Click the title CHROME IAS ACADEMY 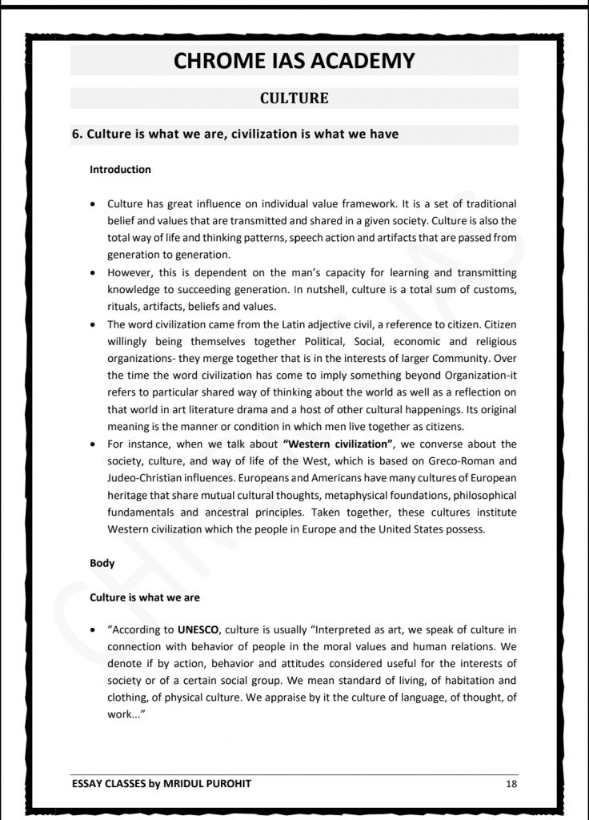point(294,60)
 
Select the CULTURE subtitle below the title point(294,98)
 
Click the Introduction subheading point(120,170)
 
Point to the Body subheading point(102,563)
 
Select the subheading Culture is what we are point(144,597)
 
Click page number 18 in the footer point(511,783)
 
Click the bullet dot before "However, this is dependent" point(95,272)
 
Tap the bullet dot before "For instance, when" point(95,444)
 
